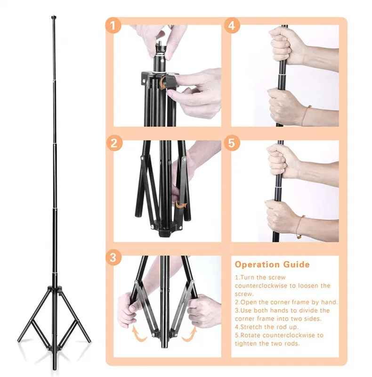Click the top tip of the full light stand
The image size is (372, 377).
coord(52,18)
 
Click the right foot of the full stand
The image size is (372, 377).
coord(88,340)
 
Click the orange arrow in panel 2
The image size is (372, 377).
coord(180,205)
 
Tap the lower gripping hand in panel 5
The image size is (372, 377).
coord(283,215)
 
